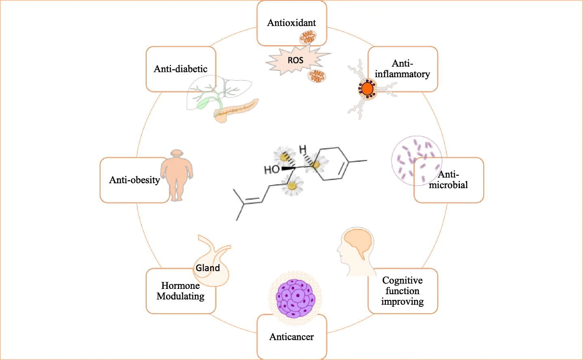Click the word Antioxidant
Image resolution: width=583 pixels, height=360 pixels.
[291, 23]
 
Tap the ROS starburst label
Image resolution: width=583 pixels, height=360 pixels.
[295, 61]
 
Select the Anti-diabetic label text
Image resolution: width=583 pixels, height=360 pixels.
[181, 69]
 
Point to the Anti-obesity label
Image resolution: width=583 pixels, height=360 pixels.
[134, 180]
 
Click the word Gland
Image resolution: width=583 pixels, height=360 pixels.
[208, 268]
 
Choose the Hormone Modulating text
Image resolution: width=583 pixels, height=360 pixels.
[180, 291]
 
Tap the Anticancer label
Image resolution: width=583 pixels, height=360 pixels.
[292, 337]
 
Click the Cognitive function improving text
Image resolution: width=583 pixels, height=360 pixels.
[402, 291]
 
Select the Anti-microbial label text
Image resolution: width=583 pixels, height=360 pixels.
[448, 180]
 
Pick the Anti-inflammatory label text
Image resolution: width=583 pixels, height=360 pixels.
[402, 69]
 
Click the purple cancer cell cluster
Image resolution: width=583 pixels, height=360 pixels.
[295, 299]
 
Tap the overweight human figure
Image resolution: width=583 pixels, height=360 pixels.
[177, 175]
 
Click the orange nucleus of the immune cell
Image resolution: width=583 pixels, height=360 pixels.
[367, 89]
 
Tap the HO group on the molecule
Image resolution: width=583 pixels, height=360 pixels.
[272, 170]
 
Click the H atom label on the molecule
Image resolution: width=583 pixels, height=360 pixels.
[302, 150]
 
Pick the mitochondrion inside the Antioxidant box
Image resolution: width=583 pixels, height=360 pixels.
[308, 37]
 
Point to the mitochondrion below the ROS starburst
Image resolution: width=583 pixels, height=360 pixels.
[316, 76]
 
